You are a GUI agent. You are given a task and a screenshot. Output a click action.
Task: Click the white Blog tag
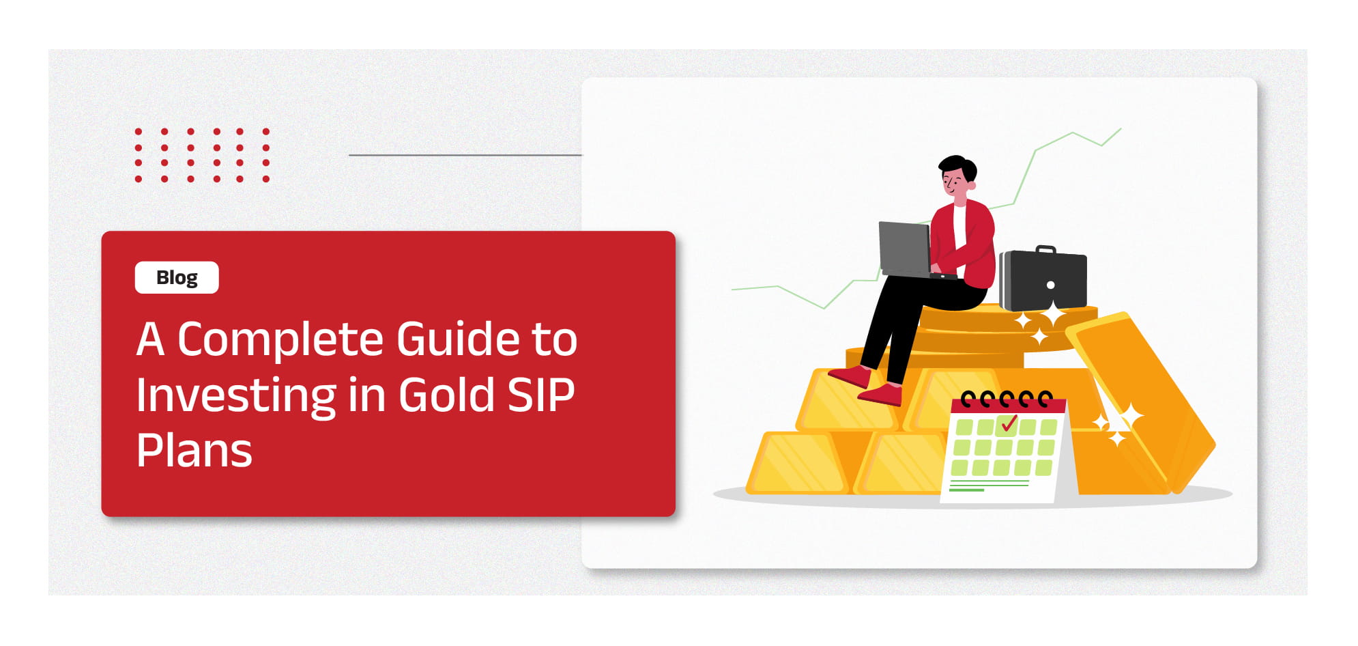tap(177, 277)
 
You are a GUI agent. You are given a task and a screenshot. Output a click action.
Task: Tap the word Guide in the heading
tap(458, 339)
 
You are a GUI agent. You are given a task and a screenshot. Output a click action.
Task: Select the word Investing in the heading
tap(235, 397)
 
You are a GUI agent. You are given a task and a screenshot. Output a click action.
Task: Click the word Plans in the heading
tap(194, 451)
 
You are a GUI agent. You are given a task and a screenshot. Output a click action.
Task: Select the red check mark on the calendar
tap(1009, 423)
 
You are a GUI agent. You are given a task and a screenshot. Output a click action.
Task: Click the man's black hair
tap(959, 167)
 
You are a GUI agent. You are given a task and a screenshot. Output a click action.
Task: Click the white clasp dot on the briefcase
tap(1051, 285)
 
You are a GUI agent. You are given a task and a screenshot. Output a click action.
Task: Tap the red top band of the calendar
tap(1008, 405)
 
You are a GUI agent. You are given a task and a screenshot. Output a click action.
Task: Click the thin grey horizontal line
tap(465, 155)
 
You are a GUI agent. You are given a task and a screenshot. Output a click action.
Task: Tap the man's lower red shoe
tap(880, 395)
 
